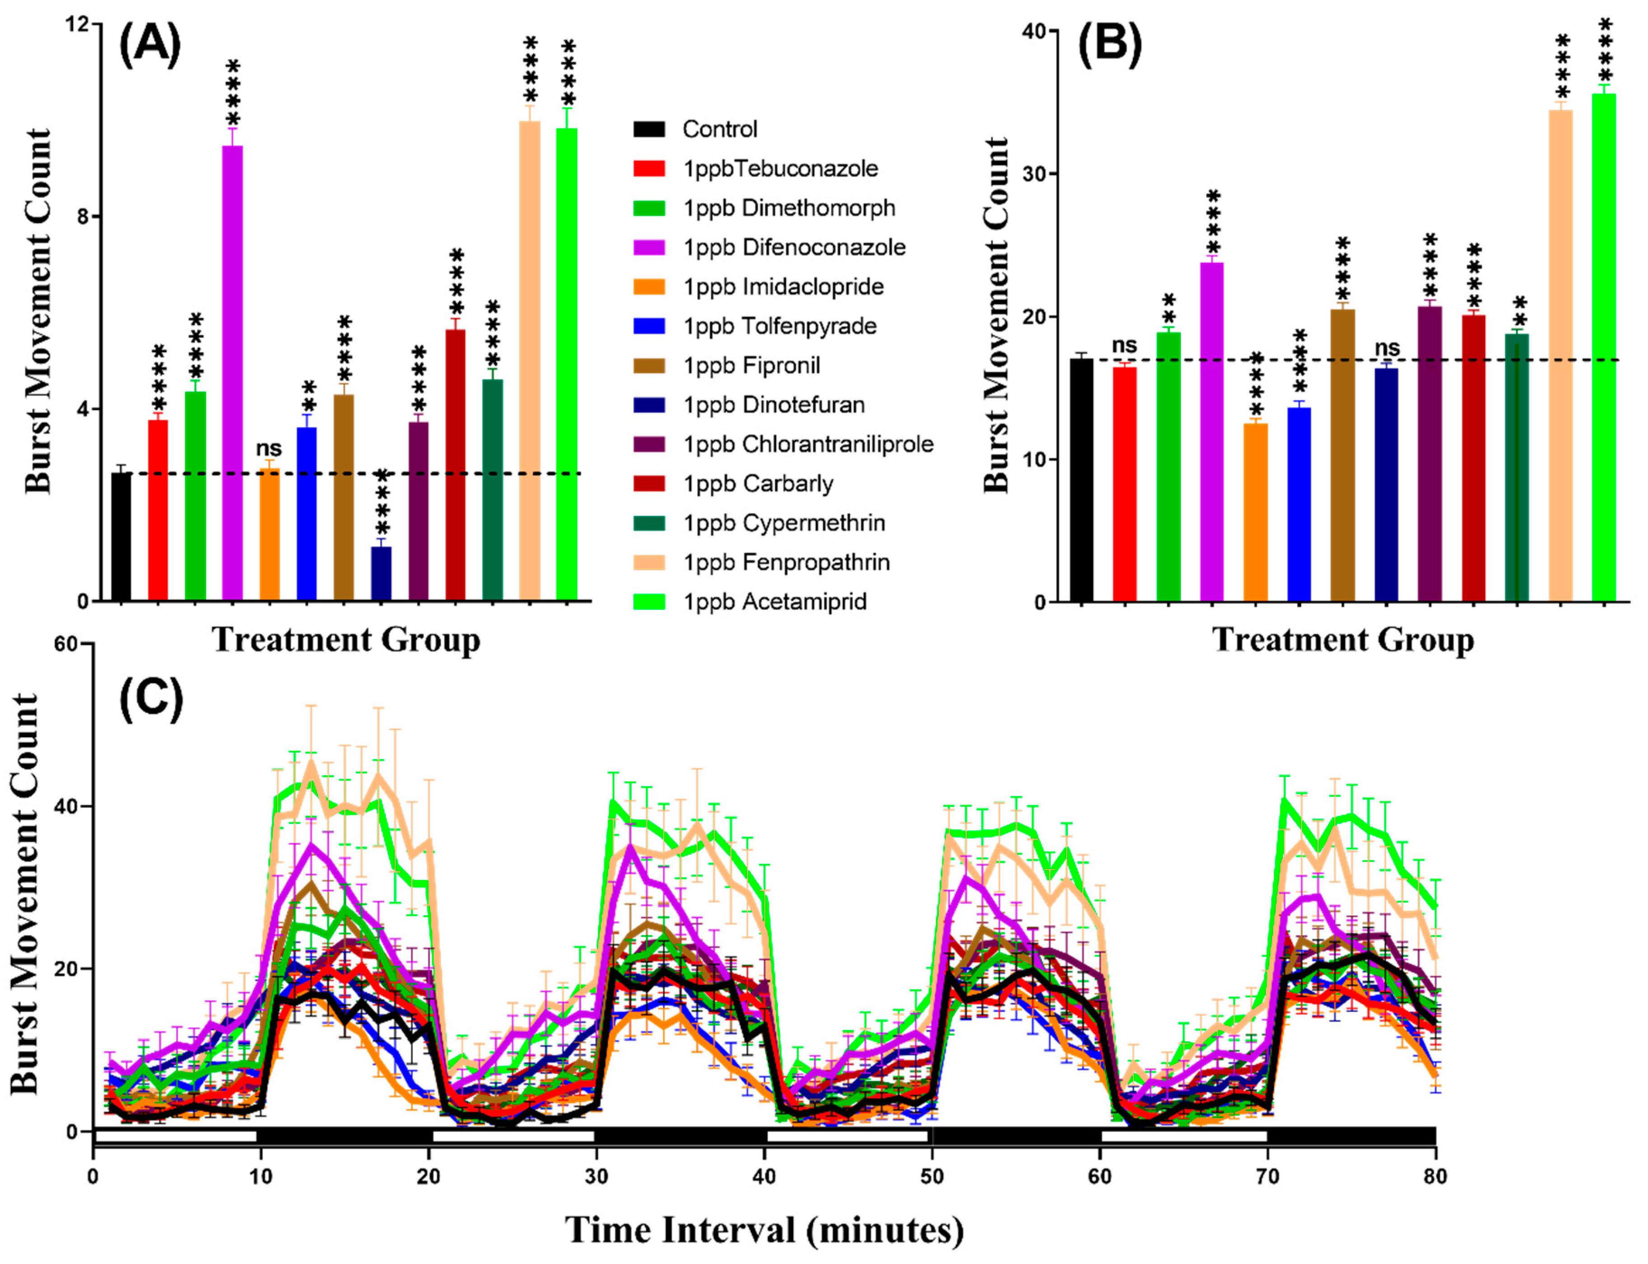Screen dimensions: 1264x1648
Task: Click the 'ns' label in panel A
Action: [268, 449]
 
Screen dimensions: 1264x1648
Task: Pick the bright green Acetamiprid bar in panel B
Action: [1604, 346]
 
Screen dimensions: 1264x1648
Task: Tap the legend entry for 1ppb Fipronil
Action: [751, 365]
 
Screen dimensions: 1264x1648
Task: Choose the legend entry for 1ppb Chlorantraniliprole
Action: [807, 445]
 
